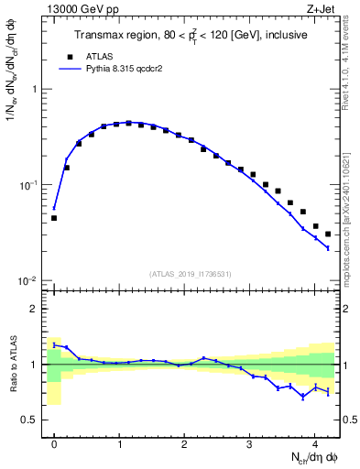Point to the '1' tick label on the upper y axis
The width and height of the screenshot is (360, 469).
pos(35,90)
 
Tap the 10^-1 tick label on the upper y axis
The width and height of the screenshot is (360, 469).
pos(30,185)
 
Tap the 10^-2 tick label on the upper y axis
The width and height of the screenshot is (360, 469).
pos(30,280)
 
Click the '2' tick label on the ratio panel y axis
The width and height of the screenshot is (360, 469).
pos(35,309)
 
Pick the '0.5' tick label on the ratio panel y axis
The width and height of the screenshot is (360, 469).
pos(30,420)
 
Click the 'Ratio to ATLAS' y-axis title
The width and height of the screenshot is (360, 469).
pos(13,365)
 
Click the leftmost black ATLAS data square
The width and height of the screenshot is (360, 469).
pos(54,218)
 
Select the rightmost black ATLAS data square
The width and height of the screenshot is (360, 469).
pos(328,234)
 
